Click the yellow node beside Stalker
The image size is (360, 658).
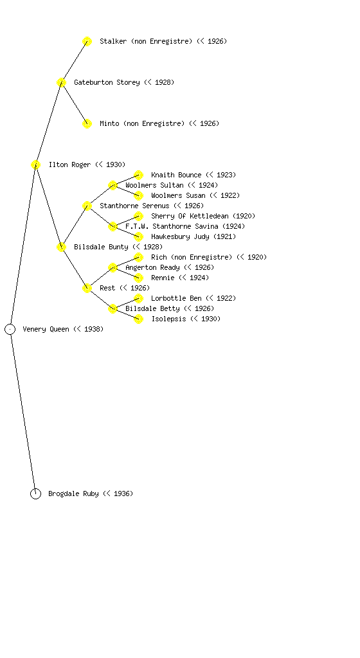pyautogui.click(x=87, y=41)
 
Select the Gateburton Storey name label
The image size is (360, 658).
pyautogui.click(x=107, y=82)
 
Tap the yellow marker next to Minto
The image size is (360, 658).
pyautogui.click(x=87, y=123)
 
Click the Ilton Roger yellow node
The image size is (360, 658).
pyautogui.click(x=35, y=164)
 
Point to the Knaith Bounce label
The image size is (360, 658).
pyautogui.click(x=176, y=175)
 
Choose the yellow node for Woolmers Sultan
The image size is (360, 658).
pyautogui.click(x=113, y=185)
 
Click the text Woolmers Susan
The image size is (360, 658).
pyautogui.click(x=178, y=195)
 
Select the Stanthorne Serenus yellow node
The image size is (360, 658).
pyautogui.click(x=87, y=206)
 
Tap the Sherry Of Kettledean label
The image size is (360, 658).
pyautogui.click(x=190, y=216)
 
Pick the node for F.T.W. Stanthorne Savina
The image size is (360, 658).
pyautogui.click(x=113, y=226)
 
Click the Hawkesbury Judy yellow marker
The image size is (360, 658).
pyautogui.click(x=138, y=236)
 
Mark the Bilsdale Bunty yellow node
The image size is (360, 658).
pyautogui.click(x=61, y=247)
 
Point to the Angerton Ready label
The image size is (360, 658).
pyautogui.click(x=152, y=267)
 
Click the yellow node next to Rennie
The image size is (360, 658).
pyautogui.click(x=138, y=278)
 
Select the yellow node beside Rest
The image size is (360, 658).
pyautogui.click(x=87, y=288)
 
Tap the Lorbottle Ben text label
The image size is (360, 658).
pyautogui.click(x=176, y=298)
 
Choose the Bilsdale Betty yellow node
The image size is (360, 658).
pyautogui.click(x=113, y=308)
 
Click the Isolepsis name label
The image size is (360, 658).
pyautogui.click(x=168, y=319)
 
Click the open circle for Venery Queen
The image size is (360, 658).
pyautogui.click(x=10, y=324)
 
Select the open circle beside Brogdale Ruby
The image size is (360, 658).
pyautogui.click(x=35, y=488)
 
